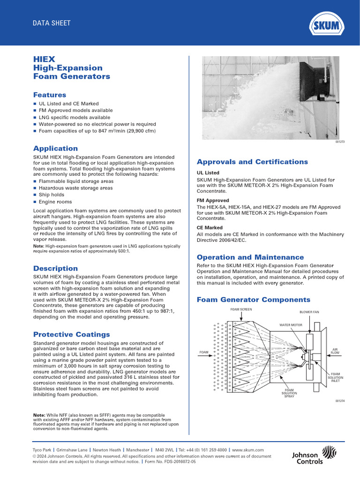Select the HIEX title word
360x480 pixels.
click(44, 60)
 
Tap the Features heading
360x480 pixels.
click(50, 95)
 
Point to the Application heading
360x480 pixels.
click(55, 149)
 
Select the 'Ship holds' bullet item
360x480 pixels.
click(52, 195)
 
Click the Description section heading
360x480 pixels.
click(55, 269)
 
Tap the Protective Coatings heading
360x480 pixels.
click(71, 335)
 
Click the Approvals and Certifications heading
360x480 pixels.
click(252, 162)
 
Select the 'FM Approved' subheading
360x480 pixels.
click(213, 200)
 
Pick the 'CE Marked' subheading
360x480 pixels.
click(210, 227)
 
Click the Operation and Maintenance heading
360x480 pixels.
click(250, 257)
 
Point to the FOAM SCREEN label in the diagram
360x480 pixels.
click(240, 310)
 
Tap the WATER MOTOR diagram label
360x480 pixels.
click(291, 324)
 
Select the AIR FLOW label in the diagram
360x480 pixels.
click(335, 351)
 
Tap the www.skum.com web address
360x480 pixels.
click(248, 450)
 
